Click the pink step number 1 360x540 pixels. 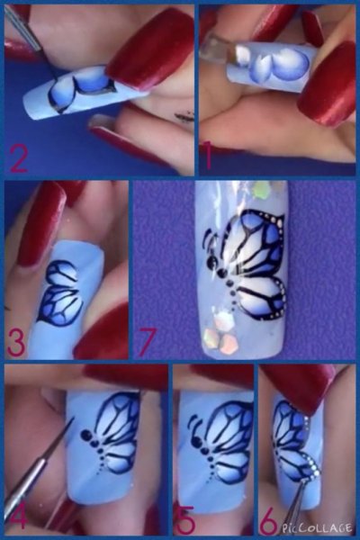(x=209, y=157)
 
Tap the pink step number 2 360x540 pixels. (x=19, y=158)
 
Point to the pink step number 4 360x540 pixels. (x=17, y=516)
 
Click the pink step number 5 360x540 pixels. (x=186, y=521)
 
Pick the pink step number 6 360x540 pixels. (x=269, y=521)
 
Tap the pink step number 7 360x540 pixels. (x=148, y=341)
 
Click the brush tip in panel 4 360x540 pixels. (x=73, y=419)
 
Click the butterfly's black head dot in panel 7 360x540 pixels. (x=211, y=264)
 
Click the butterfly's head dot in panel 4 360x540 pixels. (x=85, y=435)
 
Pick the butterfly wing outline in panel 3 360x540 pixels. (x=62, y=292)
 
